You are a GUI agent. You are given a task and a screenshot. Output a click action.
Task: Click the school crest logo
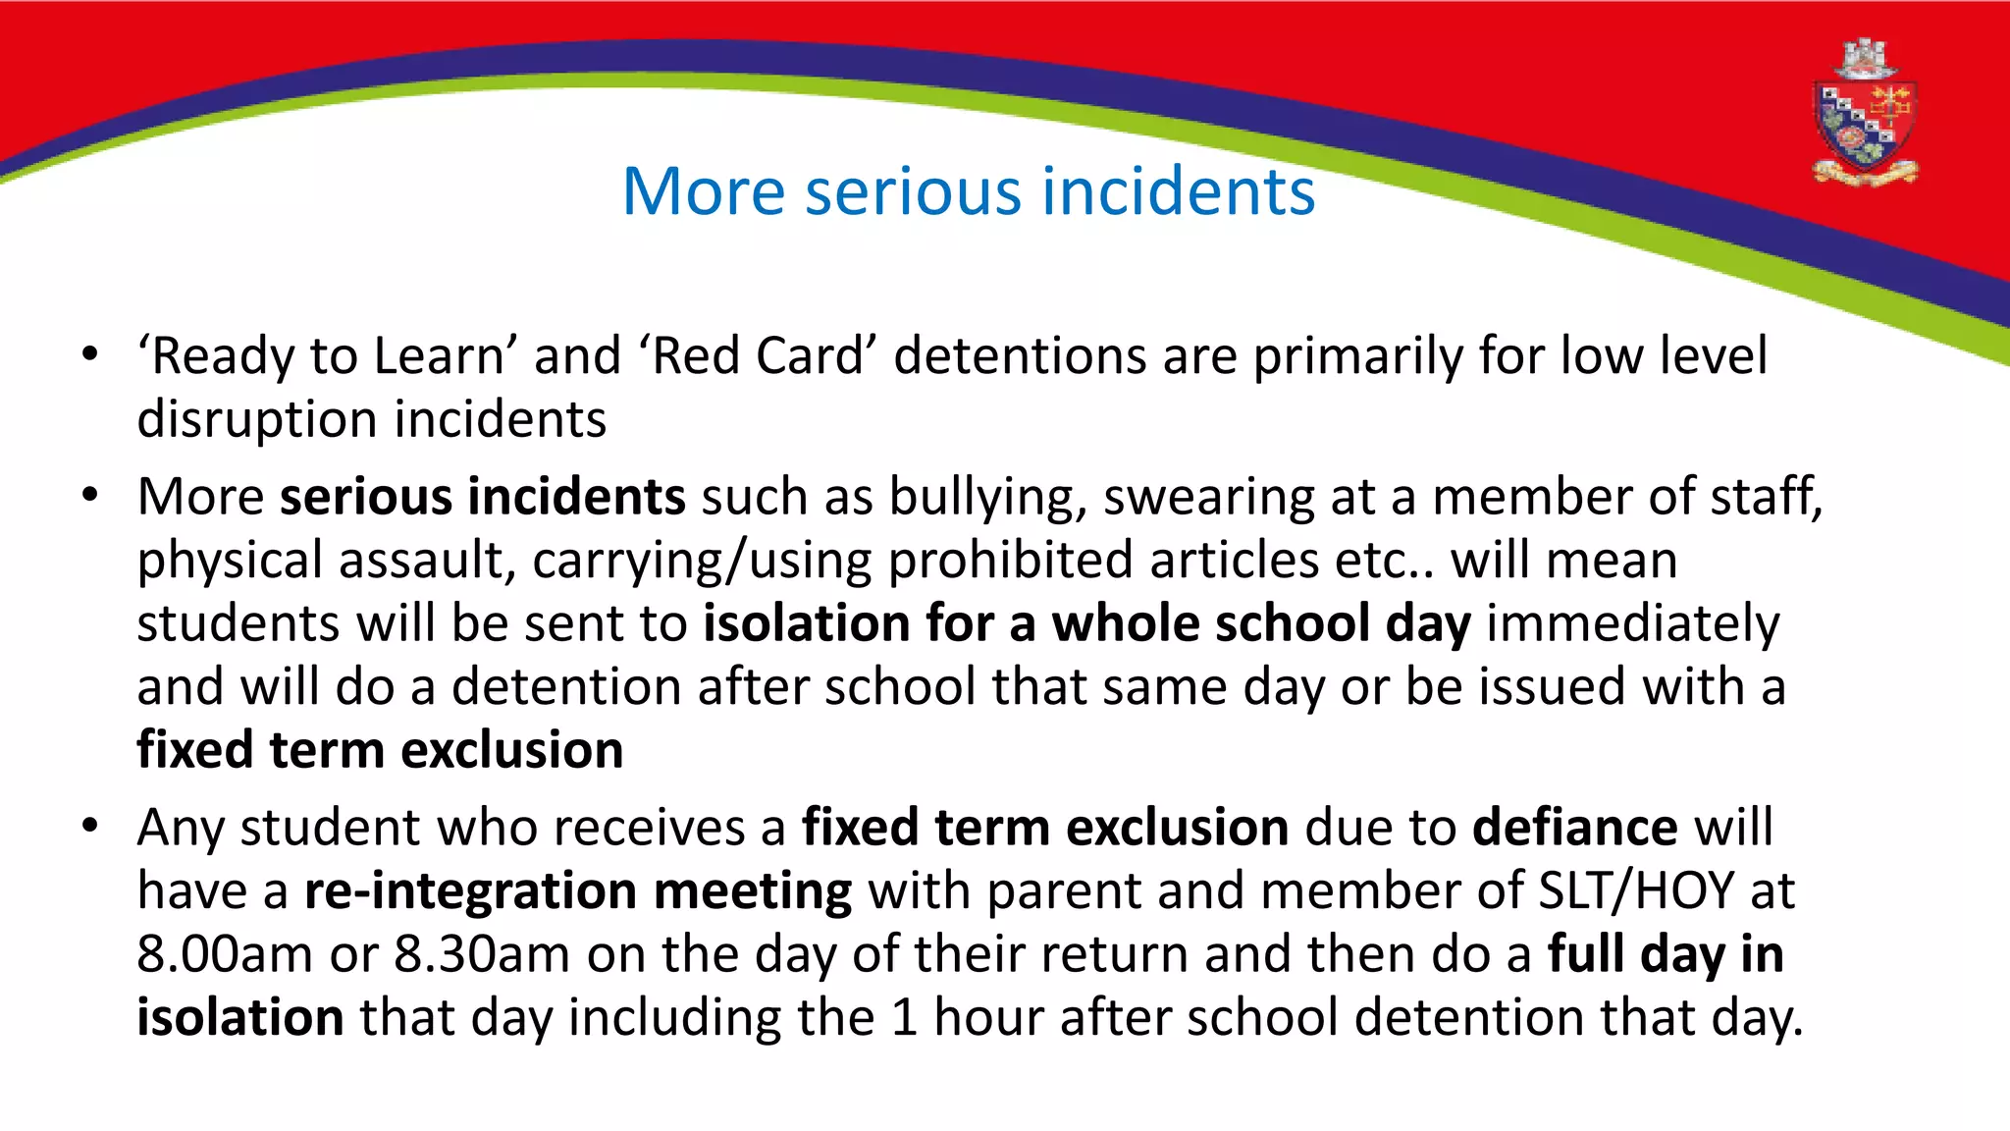click(1864, 114)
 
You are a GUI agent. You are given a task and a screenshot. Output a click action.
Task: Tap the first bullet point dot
click(90, 354)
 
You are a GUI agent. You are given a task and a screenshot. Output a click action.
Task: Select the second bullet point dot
click(90, 495)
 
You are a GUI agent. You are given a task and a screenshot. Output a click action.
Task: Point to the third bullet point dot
click(90, 826)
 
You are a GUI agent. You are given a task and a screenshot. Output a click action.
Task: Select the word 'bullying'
click(987, 497)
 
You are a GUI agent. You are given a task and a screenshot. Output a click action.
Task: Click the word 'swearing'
click(1208, 497)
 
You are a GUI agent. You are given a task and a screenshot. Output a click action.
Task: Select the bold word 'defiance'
click(1574, 827)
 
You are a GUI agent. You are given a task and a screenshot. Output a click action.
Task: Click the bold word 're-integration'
click(470, 891)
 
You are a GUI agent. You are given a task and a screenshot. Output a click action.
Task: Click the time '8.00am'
click(225, 954)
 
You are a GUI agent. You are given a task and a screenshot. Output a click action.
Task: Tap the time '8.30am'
click(482, 954)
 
